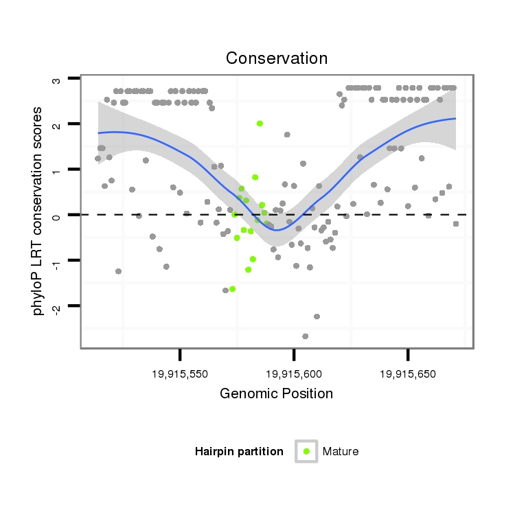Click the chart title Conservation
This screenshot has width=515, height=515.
277,58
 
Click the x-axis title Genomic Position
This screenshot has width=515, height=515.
277,394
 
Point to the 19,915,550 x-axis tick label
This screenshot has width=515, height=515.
180,374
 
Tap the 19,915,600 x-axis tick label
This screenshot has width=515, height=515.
294,374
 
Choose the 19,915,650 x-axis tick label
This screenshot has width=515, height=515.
407,374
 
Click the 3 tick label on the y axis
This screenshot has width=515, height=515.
56,80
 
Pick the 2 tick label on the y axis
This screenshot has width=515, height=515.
56,124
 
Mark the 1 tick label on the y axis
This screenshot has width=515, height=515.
56,170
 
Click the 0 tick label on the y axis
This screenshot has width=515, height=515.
56,215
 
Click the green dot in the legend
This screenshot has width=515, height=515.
306,451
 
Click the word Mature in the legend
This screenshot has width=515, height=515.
341,451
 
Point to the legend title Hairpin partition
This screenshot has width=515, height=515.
239,451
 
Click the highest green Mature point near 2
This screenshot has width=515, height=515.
260,124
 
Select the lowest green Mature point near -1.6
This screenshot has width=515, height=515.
232,289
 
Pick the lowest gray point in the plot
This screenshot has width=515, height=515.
305,336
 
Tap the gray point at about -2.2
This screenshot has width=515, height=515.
317,317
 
